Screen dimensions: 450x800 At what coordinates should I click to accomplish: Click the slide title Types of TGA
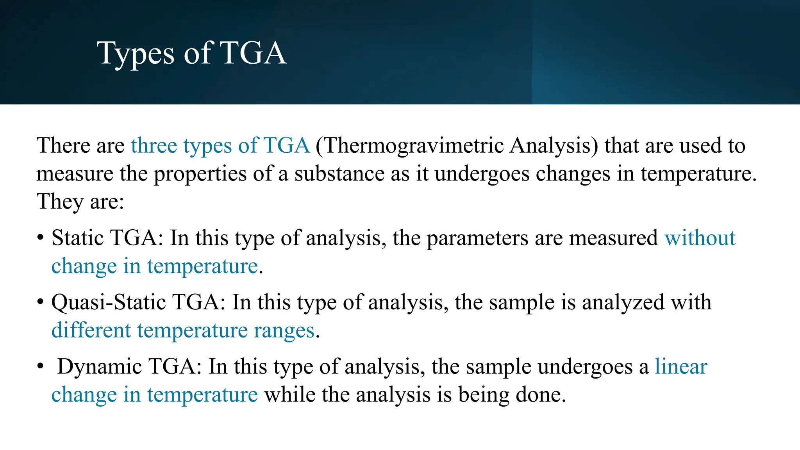tap(191, 54)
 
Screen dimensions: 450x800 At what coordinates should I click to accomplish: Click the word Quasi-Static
tap(108, 302)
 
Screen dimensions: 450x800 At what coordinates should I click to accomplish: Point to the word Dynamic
tap(99, 367)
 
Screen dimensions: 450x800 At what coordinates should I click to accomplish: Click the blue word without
tap(700, 238)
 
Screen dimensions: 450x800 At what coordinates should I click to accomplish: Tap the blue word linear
tap(681, 367)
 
